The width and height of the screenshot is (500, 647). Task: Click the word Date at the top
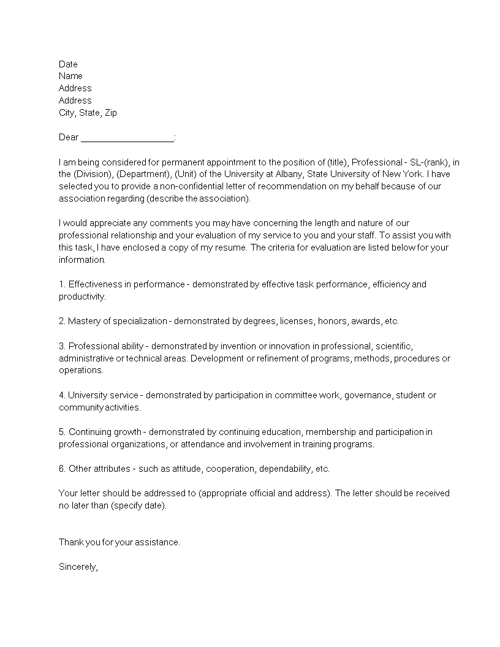tap(68, 64)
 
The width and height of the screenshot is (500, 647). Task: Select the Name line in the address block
tap(70, 76)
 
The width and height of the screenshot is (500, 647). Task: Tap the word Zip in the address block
tap(110, 113)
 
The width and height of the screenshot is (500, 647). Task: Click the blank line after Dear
tap(127, 138)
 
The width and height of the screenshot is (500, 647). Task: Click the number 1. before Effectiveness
tap(62, 284)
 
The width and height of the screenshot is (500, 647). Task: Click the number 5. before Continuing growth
tap(62, 432)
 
